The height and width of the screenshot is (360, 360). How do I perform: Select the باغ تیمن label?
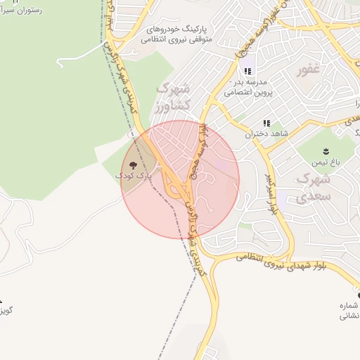(x=326, y=162)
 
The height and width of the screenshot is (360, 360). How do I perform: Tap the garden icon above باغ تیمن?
(x=326, y=151)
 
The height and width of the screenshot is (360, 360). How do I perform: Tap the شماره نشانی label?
(x=349, y=311)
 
